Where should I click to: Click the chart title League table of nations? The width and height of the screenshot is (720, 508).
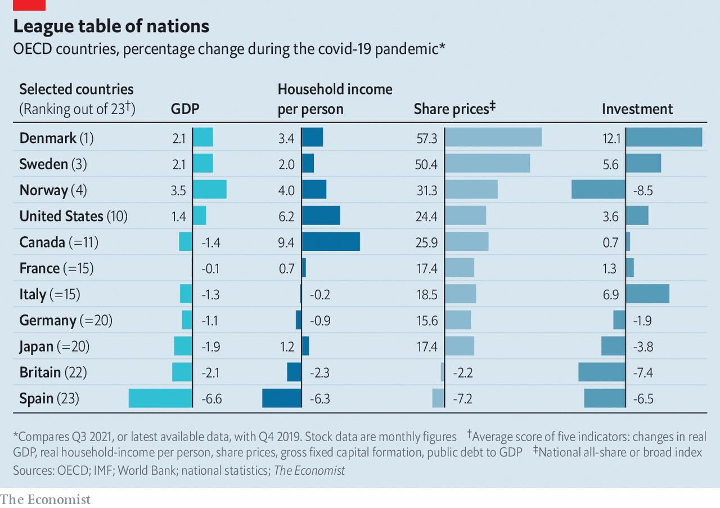click(111, 26)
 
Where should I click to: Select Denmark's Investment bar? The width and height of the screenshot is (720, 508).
click(664, 137)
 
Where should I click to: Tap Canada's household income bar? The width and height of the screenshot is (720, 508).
click(331, 242)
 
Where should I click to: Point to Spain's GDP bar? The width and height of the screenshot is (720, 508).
click(160, 398)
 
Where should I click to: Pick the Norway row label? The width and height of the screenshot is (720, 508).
click(53, 190)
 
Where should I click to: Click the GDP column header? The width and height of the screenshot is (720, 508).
click(185, 109)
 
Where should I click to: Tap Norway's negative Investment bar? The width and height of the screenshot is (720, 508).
click(598, 190)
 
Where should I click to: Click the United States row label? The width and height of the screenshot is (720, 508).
click(73, 216)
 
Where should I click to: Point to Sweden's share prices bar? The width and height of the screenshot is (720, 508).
click(487, 164)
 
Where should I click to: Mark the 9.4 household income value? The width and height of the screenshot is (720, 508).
click(286, 242)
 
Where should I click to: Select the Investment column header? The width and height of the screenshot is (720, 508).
click(637, 109)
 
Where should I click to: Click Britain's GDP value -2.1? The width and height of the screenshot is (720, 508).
click(211, 372)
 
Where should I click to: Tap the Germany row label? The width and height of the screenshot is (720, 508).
click(66, 321)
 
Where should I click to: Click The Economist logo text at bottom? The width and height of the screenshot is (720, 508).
click(45, 499)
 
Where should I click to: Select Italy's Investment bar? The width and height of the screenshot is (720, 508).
click(647, 294)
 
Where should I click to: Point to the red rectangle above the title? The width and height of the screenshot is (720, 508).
click(29, 5)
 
